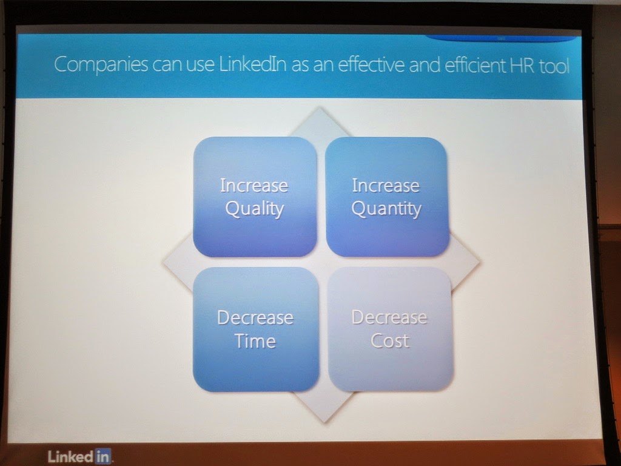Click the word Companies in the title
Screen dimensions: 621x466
pyautogui.click(x=101, y=64)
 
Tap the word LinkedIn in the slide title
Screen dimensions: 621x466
pyautogui.click(x=253, y=64)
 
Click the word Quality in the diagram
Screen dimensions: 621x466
pyautogui.click(x=255, y=209)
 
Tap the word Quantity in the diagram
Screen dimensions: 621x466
pyautogui.click(x=386, y=209)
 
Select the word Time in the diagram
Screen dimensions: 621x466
pyautogui.click(x=255, y=341)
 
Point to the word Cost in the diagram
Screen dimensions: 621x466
pyautogui.click(x=390, y=340)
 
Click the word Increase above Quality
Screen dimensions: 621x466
pyautogui.click(x=254, y=186)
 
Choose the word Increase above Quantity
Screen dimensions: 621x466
pyautogui.click(x=386, y=186)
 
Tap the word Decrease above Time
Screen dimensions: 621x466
pyautogui.click(x=255, y=317)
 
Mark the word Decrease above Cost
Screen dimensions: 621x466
pyautogui.click(x=390, y=317)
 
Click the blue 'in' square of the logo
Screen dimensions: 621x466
pyautogui.click(x=102, y=456)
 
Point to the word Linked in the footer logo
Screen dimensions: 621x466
pyautogui.click(x=70, y=456)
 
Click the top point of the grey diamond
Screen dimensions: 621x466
pyautogui.click(x=319, y=107)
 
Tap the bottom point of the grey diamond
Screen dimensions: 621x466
pyautogui.click(x=325, y=422)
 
